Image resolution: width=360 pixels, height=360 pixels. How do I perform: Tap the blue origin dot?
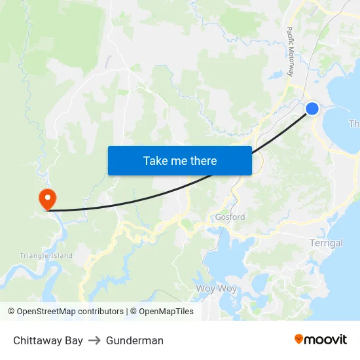pyautogui.click(x=312, y=109)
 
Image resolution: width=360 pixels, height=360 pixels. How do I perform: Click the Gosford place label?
pyautogui.click(x=230, y=217)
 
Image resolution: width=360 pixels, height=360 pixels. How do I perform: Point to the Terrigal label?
pyautogui.click(x=325, y=243)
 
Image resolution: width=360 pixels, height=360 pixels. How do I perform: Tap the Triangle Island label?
pyautogui.click(x=46, y=256)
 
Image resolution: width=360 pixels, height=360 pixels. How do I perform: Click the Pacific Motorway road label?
pyautogui.click(x=291, y=52)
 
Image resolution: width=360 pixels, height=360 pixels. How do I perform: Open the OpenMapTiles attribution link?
pyautogui.click(x=166, y=312)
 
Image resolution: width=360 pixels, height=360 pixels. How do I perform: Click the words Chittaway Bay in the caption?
pyautogui.click(x=48, y=340)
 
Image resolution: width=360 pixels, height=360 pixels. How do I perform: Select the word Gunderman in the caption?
pyautogui.click(x=135, y=340)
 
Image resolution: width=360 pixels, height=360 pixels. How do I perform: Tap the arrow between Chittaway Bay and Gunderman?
pyautogui.click(x=94, y=340)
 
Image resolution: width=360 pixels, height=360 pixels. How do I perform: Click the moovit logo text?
pyautogui.click(x=325, y=339)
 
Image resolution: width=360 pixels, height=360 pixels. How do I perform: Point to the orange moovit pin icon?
pyautogui.click(x=298, y=339)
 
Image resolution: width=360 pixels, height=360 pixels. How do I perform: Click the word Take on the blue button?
pyautogui.click(x=156, y=160)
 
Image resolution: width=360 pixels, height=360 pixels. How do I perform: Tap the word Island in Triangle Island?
pyautogui.click(x=60, y=256)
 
